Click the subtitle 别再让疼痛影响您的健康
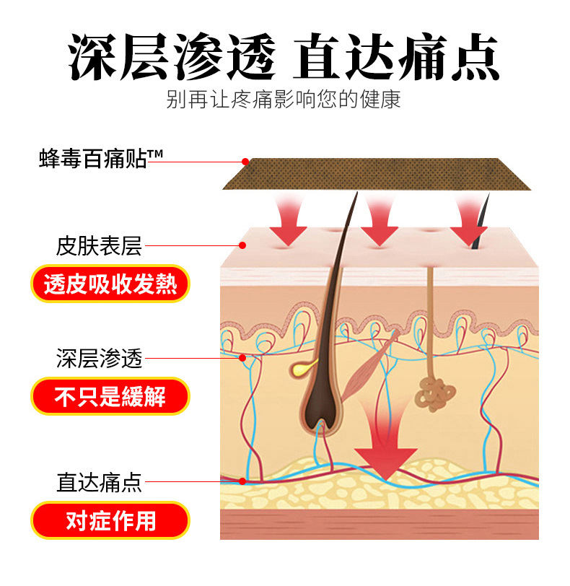(284, 99)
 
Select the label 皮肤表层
(100, 246)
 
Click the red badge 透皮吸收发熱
(110, 284)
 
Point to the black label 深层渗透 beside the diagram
(100, 358)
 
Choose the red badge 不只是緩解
(110, 396)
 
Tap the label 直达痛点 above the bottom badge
(100, 481)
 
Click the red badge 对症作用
(110, 520)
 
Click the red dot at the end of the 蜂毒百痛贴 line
(245, 162)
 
